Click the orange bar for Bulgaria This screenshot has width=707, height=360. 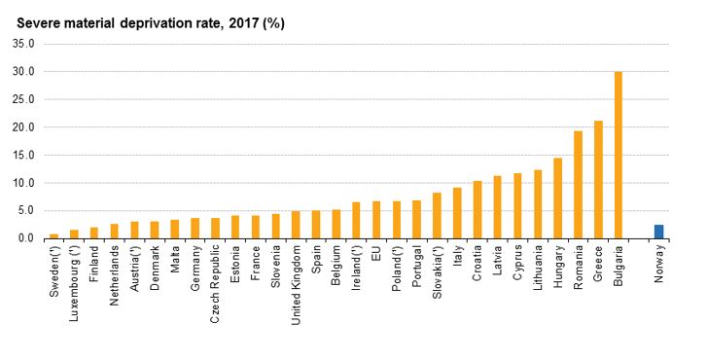(x=619, y=155)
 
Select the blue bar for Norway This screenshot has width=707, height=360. (x=658, y=232)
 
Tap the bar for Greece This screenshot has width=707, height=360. (x=598, y=180)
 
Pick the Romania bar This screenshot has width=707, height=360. (x=578, y=185)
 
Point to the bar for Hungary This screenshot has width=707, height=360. (x=558, y=198)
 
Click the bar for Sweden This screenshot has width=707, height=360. (x=54, y=235)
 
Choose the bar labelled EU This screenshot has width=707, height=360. (x=376, y=220)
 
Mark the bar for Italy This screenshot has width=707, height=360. (x=457, y=213)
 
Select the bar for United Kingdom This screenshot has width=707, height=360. (x=296, y=225)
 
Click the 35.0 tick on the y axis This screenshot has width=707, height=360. (x=24, y=44)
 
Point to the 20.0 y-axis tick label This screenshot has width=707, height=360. (x=24, y=127)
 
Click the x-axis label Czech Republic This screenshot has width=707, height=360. (x=215, y=284)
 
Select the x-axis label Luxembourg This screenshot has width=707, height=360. (x=74, y=283)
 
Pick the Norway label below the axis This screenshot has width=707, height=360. (x=659, y=264)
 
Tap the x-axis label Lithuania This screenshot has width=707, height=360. (x=538, y=267)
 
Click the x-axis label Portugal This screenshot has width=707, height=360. (x=416, y=267)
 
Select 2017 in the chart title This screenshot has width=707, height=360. (x=243, y=23)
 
